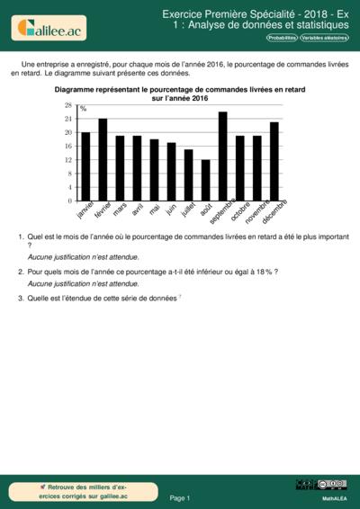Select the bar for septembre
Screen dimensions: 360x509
pos(222,156)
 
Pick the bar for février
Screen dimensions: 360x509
pos(103,160)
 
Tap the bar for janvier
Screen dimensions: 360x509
pos(85,166)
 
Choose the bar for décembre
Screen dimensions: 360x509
pos(274,162)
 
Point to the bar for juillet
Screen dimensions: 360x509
pos(188,174)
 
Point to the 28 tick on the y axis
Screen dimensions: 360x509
pos(67,105)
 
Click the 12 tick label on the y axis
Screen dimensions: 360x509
pos(67,160)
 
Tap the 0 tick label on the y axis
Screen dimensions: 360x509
pos(70,201)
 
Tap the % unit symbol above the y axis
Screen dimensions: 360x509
pos(84,109)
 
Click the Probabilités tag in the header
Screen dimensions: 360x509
pos(282,38)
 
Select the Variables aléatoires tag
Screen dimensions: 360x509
pos(325,38)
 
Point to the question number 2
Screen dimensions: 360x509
pos(20,271)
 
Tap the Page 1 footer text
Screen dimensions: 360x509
pos(180,497)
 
